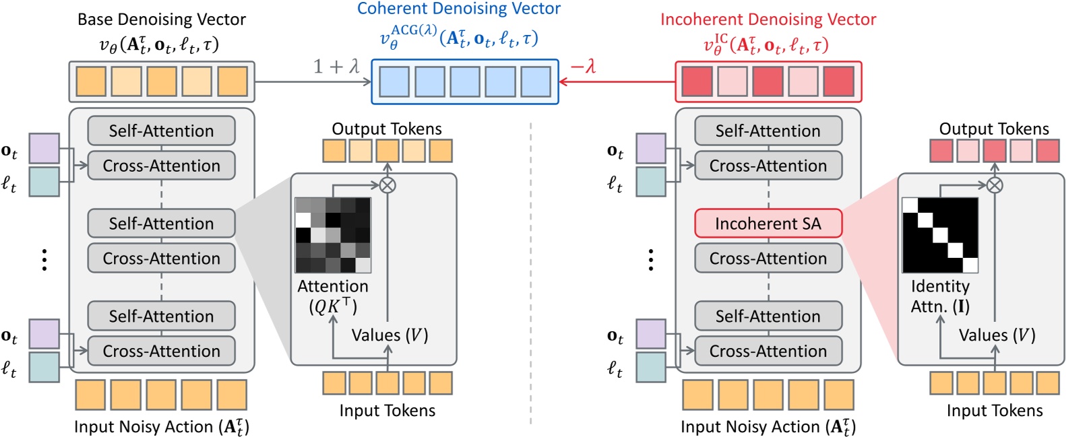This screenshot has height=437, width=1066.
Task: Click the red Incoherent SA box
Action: point(768,224)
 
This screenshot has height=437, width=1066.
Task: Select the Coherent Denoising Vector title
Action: point(459,9)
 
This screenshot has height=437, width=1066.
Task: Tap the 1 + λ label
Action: point(336,66)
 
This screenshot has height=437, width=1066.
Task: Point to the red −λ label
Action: point(584,66)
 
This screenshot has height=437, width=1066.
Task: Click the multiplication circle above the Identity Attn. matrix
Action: point(995,184)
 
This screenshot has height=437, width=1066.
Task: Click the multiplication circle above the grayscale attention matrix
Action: point(387,184)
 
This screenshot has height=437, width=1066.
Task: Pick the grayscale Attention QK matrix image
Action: point(333,235)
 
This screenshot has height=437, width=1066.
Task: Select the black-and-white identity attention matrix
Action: point(940,235)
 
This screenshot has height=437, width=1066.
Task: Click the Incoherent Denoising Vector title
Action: point(768,20)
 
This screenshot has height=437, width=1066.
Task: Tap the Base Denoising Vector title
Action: point(162,20)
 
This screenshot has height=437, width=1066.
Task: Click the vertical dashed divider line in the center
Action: point(531,269)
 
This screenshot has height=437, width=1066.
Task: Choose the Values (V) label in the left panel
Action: point(389,335)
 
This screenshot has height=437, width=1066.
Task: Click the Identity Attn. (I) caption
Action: point(940,296)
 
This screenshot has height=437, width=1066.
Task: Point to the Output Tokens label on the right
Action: point(994,129)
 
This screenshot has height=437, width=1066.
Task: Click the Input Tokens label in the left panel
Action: point(387,411)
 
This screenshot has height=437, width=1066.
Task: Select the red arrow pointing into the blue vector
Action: point(617,82)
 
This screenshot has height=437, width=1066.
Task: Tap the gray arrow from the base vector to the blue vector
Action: point(313,82)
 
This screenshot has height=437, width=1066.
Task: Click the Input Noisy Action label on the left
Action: point(162,427)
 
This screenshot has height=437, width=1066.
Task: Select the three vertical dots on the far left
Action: point(44,259)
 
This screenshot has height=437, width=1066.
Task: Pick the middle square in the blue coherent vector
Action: point(465,82)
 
